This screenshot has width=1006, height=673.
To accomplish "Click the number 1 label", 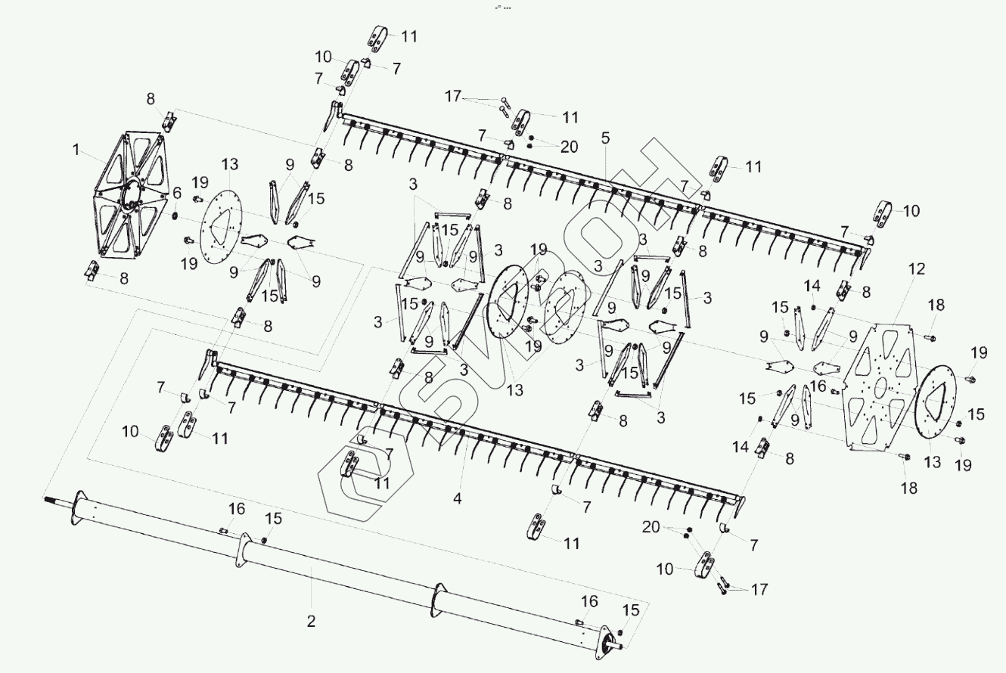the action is [x=76, y=150].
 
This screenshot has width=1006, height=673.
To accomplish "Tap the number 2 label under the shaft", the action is [x=311, y=622].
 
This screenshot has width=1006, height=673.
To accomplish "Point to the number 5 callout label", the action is [x=605, y=138].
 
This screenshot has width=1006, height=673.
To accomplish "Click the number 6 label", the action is [x=177, y=193].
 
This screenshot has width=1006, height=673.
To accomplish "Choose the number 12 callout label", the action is [x=917, y=268].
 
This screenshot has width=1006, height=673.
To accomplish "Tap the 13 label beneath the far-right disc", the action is [x=933, y=462].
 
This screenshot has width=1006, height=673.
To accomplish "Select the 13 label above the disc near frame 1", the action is [x=230, y=165].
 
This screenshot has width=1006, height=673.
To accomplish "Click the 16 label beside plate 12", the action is [x=818, y=386].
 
